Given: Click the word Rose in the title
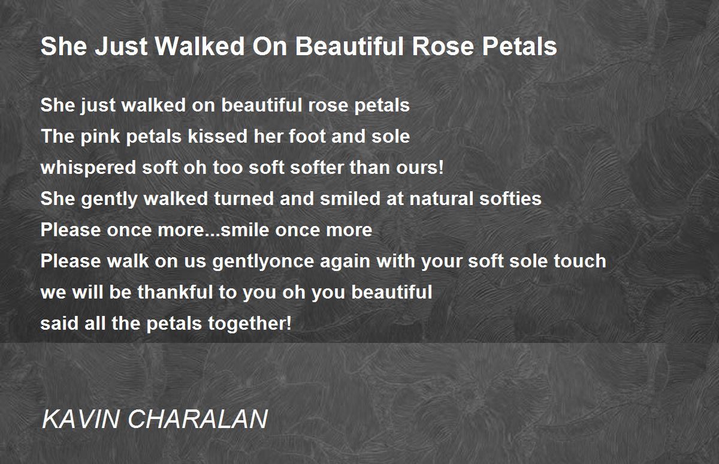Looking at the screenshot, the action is [443, 46].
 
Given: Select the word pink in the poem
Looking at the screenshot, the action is [100, 137].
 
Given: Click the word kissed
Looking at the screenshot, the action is [218, 136].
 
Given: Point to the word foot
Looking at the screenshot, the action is [307, 136].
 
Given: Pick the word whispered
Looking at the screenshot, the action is [88, 168].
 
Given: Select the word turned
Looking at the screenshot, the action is [244, 198].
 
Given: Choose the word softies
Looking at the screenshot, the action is [510, 198].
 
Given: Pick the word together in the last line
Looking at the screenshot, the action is [250, 324].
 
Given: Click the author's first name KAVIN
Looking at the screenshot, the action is [80, 419].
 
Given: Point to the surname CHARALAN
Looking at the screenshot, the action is [198, 419].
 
